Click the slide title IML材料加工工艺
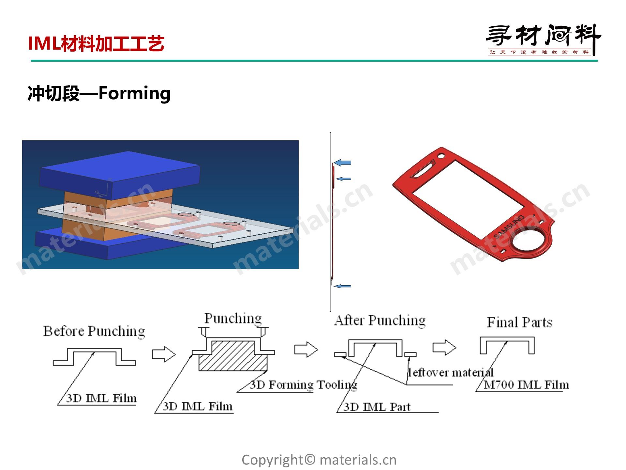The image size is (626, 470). (x=96, y=43)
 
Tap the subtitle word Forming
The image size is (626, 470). (x=134, y=94)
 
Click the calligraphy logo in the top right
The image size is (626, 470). (x=543, y=39)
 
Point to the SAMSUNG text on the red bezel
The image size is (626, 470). (x=509, y=227)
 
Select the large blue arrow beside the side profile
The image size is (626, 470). (x=342, y=163)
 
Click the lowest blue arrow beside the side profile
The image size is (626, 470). (x=342, y=286)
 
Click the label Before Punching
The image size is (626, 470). (x=94, y=331)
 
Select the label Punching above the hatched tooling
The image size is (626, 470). (x=233, y=318)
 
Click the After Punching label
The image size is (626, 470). (x=380, y=321)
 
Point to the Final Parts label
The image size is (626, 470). (x=520, y=322)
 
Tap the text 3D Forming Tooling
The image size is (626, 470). (x=304, y=385)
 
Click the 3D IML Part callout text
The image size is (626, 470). (x=377, y=407)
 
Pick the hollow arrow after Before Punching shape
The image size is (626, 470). (x=164, y=354)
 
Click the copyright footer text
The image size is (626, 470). (x=319, y=460)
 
